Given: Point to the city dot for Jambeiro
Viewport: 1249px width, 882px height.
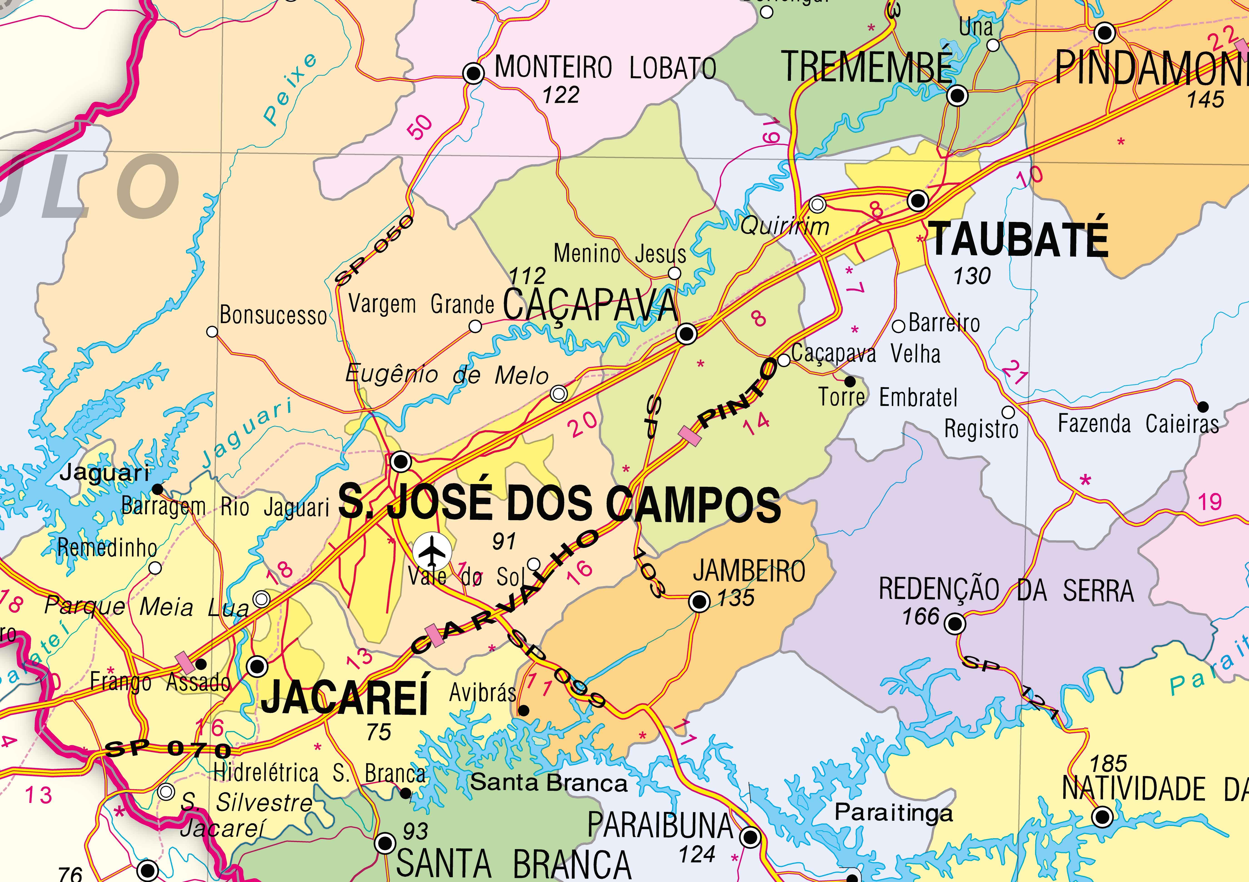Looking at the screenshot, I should click(699, 602).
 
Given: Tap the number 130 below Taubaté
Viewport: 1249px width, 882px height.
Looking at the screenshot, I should click(972, 276).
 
